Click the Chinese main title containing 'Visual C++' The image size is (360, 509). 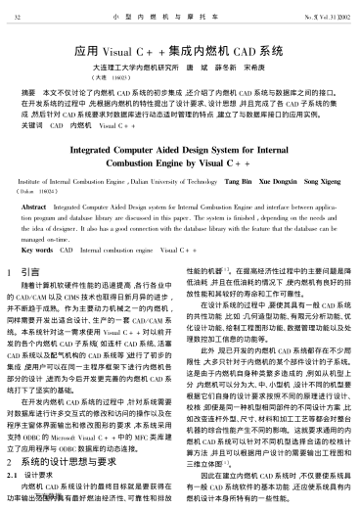click(x=179, y=47)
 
